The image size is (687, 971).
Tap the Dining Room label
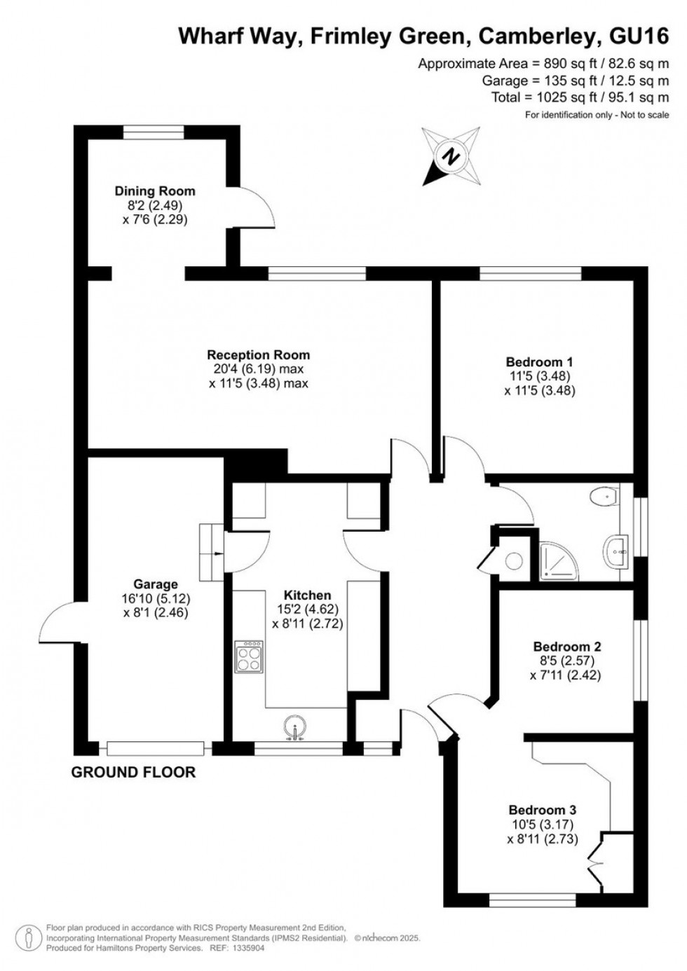(155, 191)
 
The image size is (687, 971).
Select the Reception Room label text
(258, 355)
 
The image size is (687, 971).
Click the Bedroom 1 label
(539, 362)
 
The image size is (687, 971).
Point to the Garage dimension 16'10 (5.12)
(155, 598)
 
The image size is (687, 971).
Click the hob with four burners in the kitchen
(248, 657)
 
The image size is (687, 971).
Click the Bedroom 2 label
(567, 647)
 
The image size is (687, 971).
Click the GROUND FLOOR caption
(133, 773)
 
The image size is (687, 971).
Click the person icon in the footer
(27, 937)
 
